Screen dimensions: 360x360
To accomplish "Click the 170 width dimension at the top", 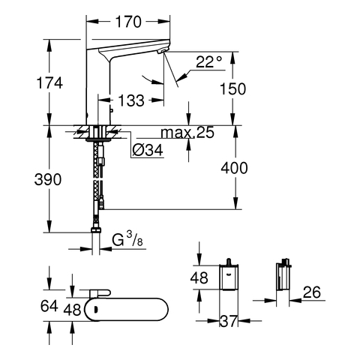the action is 128,22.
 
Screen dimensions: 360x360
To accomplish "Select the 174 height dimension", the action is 49,83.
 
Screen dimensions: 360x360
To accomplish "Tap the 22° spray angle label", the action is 208,61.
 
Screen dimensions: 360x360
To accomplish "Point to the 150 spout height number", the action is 232,88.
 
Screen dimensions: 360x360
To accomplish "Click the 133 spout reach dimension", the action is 131,100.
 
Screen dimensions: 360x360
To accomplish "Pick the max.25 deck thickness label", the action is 187,133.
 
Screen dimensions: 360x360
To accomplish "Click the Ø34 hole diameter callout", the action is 148,150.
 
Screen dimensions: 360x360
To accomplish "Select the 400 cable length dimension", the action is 234,168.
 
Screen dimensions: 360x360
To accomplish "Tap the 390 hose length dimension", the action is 48,179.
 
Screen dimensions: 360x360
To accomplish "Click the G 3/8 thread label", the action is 127,239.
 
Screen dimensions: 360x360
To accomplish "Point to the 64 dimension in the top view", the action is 49,306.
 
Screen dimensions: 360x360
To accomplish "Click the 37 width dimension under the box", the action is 228,321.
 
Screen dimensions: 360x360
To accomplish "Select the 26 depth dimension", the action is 312,292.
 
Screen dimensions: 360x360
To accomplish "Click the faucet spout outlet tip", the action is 161,52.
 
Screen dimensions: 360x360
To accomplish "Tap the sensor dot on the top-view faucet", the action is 94,310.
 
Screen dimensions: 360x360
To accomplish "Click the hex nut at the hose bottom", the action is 96,230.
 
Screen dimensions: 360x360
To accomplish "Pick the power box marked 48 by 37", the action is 229,277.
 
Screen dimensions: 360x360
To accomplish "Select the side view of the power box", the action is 283,275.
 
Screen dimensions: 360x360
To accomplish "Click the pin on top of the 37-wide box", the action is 228,262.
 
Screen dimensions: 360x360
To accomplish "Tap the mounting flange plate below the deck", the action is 98,139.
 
